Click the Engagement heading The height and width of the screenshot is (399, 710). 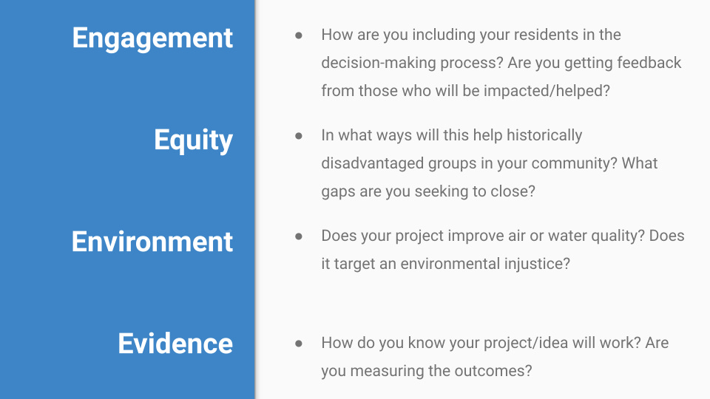click(152, 38)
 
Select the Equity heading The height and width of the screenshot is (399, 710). click(193, 140)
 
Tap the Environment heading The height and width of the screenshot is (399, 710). click(152, 242)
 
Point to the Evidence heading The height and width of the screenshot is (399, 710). click(175, 343)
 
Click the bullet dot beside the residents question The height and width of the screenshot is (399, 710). click(299, 35)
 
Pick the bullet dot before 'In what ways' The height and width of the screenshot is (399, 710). click(299, 136)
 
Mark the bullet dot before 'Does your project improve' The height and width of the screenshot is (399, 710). click(299, 236)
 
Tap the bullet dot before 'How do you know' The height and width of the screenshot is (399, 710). click(299, 344)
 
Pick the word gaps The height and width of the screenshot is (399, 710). click(337, 191)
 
